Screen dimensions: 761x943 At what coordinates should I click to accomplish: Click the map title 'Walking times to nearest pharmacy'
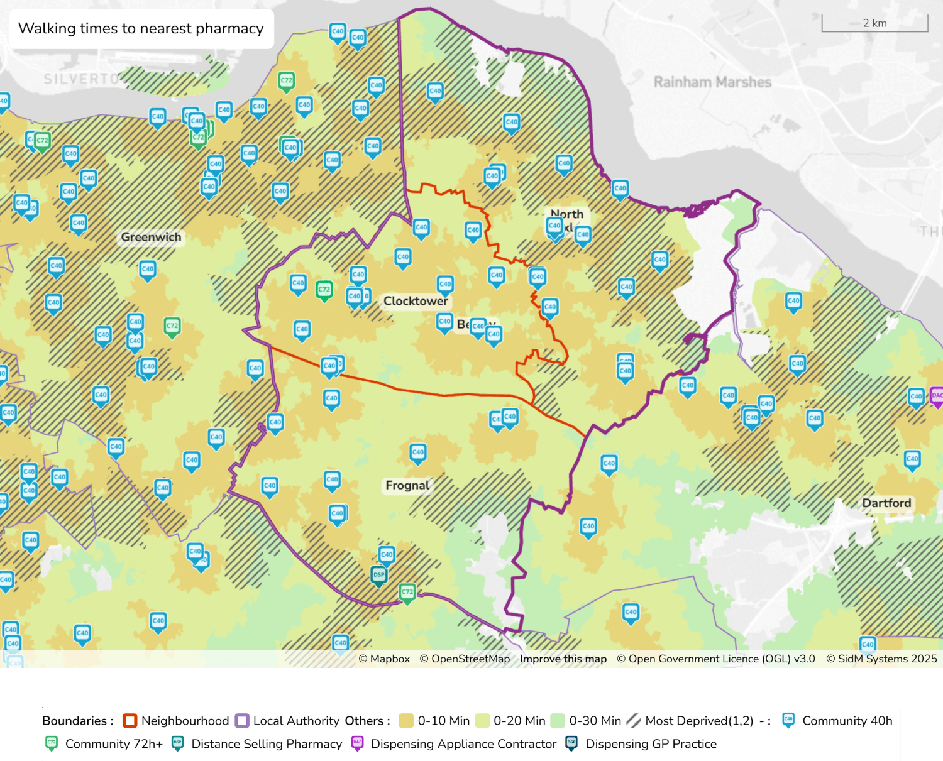click(x=141, y=29)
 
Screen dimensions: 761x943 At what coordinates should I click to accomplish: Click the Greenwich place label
click(x=151, y=238)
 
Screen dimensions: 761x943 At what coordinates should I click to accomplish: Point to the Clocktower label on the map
click(x=416, y=301)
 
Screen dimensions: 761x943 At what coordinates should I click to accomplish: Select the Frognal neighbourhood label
click(x=407, y=485)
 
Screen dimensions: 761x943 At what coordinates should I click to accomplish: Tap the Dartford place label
click(x=886, y=503)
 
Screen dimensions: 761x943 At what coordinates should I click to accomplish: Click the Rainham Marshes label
click(x=712, y=82)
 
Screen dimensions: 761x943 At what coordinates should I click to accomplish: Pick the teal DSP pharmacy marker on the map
click(x=379, y=575)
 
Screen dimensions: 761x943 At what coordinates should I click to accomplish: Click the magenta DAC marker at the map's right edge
click(x=936, y=396)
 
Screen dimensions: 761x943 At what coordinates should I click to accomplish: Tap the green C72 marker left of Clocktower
click(x=324, y=290)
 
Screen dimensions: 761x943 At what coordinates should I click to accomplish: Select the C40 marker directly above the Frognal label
click(x=418, y=452)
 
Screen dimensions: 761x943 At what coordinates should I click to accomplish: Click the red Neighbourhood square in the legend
click(x=130, y=721)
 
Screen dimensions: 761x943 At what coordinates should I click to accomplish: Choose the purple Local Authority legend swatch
click(x=242, y=721)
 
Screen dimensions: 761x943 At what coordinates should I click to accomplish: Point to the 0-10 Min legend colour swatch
click(x=406, y=721)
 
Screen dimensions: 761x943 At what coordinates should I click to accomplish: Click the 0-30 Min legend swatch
click(x=558, y=721)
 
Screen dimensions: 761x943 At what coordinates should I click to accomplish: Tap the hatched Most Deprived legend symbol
click(x=634, y=721)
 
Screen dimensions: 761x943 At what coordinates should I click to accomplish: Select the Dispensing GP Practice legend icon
click(x=571, y=743)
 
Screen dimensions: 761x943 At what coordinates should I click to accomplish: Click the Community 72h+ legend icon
click(x=52, y=743)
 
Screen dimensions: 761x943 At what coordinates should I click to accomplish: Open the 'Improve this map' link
click(x=563, y=659)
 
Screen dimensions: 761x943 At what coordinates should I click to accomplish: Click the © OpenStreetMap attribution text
click(x=465, y=659)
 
